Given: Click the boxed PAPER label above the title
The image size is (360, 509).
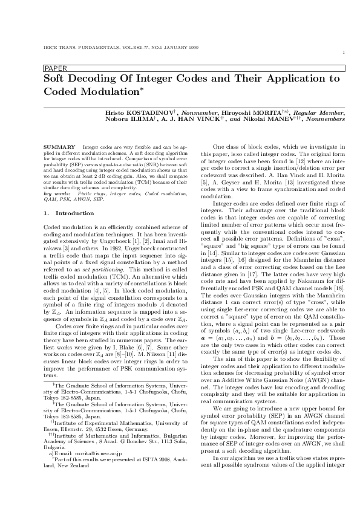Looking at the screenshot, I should (55, 68).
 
